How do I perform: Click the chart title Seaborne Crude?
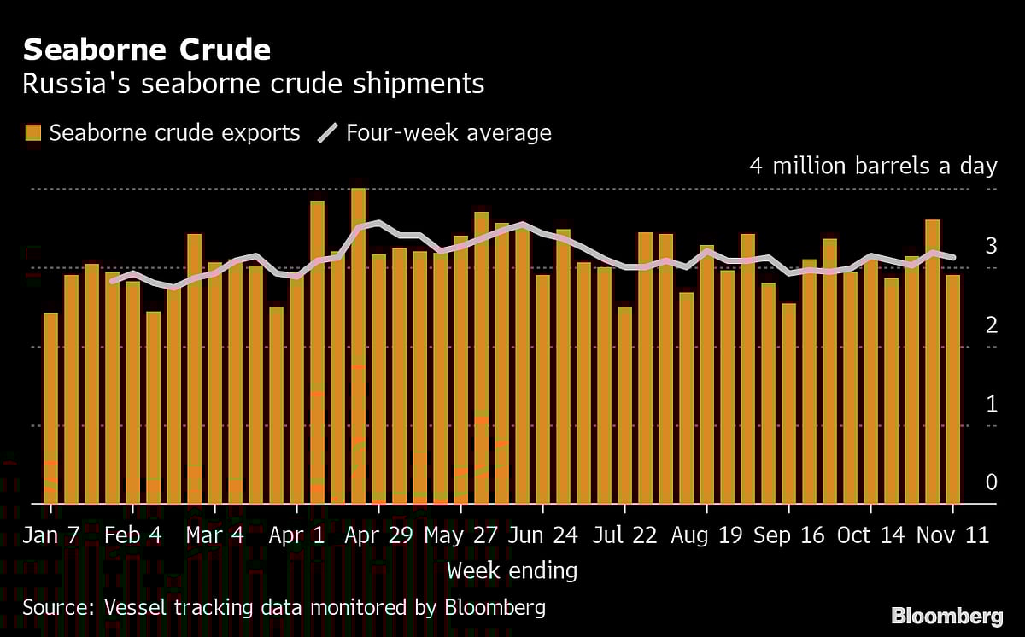point(146,50)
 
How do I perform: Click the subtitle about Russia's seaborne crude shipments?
point(253,84)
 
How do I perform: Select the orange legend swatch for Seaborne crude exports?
point(33,132)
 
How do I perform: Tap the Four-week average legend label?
point(448,132)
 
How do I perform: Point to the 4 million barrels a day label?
point(873,166)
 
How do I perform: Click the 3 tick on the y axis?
point(991,246)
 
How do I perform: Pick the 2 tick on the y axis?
point(991,324)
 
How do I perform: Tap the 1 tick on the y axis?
point(991,403)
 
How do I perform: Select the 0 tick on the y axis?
point(991,482)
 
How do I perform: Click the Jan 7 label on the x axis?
point(51,535)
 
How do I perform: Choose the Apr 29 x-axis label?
point(378,535)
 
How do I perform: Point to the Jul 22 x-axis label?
point(624,535)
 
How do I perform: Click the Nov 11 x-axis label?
point(952,535)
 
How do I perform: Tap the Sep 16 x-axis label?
point(788,535)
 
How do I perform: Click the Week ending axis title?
point(512,570)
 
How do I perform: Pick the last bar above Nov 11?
point(952,389)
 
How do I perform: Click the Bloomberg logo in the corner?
point(947,615)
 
